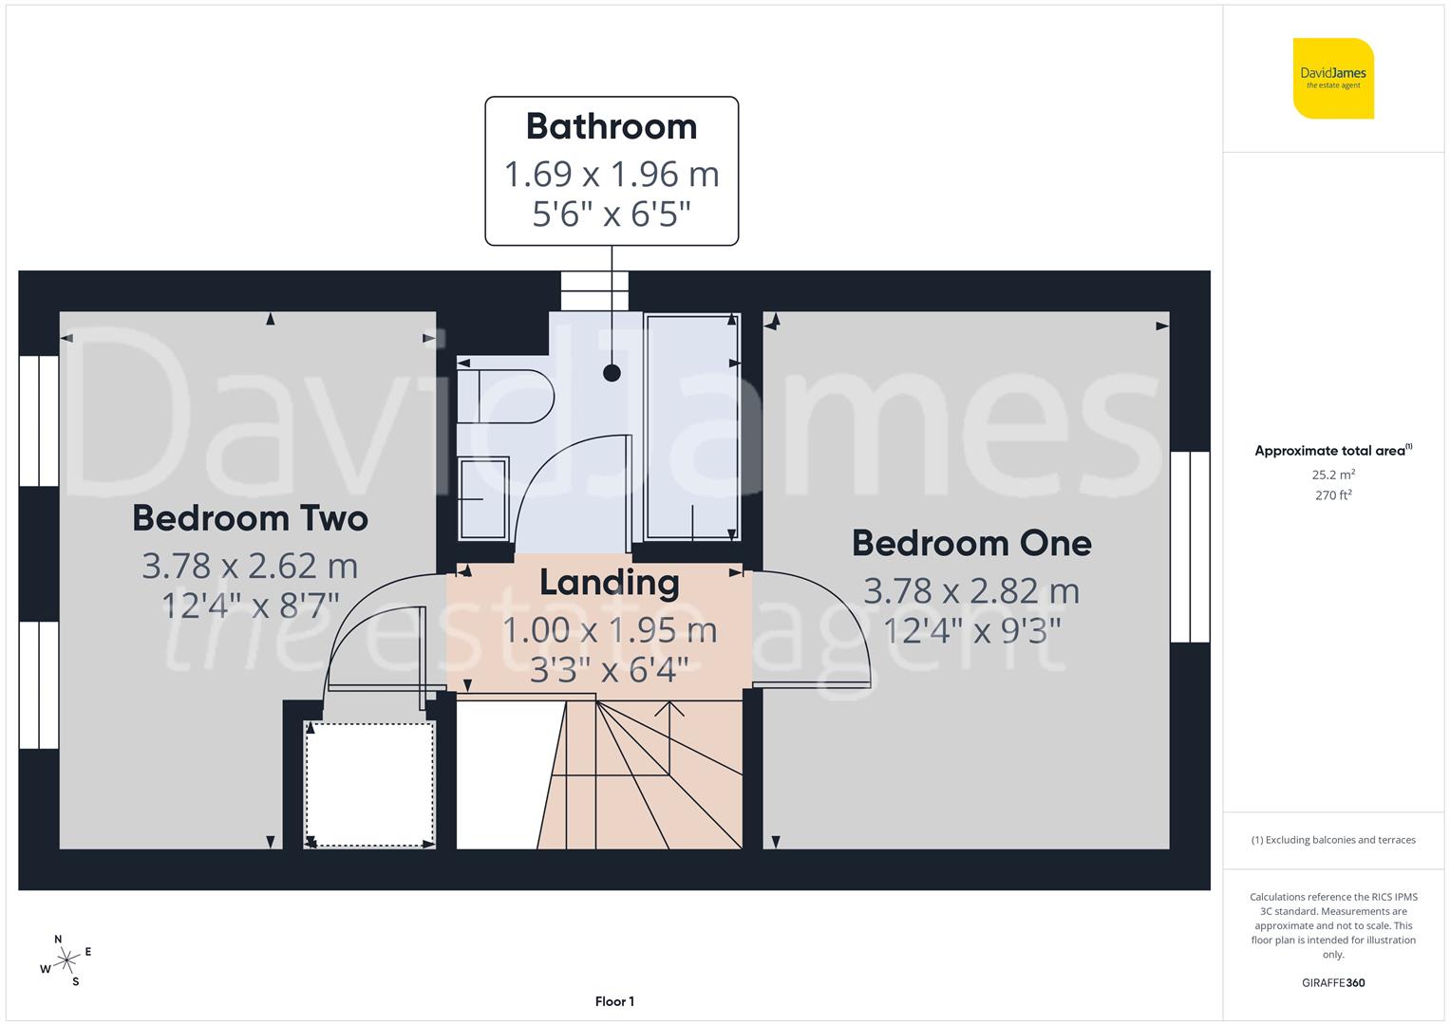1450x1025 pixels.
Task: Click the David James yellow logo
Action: pyautogui.click(x=1333, y=78)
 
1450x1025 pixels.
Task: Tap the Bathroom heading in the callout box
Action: pyautogui.click(x=612, y=126)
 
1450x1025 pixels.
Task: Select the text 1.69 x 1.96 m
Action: pyautogui.click(x=612, y=175)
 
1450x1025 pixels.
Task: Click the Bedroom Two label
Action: pyautogui.click(x=250, y=518)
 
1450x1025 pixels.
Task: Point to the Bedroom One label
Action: pyautogui.click(x=971, y=543)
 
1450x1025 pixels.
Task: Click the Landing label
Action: pyautogui.click(x=610, y=582)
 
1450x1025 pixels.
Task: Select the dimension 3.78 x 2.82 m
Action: pyautogui.click(x=971, y=591)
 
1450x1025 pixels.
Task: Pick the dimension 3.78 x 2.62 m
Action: pyautogui.click(x=250, y=567)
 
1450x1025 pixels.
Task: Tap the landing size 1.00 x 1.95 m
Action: pyautogui.click(x=610, y=630)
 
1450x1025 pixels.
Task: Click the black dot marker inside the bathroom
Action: pyautogui.click(x=612, y=373)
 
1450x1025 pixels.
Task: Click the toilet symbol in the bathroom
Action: pyautogui.click(x=504, y=396)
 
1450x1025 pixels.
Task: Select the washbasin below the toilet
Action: pyautogui.click(x=484, y=497)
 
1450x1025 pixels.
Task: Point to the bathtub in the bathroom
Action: pyautogui.click(x=691, y=427)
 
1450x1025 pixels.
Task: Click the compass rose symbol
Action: pyautogui.click(x=66, y=960)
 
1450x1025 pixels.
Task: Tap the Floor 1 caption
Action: pyautogui.click(x=614, y=1001)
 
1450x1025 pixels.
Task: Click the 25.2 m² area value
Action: pyautogui.click(x=1333, y=475)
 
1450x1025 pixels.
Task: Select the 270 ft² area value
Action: pyautogui.click(x=1333, y=495)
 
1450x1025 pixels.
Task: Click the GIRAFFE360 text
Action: pyautogui.click(x=1333, y=983)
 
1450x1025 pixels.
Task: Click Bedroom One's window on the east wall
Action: pyautogui.click(x=1190, y=547)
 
